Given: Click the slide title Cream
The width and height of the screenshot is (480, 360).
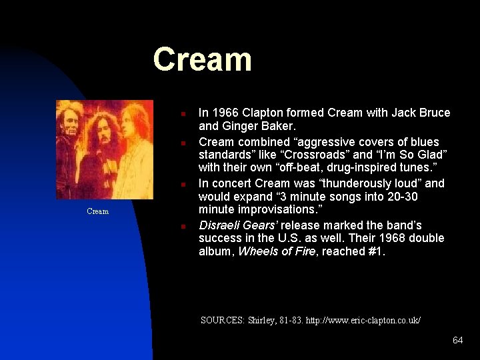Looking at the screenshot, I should point(202,59).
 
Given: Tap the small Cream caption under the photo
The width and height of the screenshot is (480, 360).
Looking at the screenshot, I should point(97,211).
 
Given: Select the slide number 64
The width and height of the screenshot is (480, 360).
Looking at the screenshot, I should point(457,340).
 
